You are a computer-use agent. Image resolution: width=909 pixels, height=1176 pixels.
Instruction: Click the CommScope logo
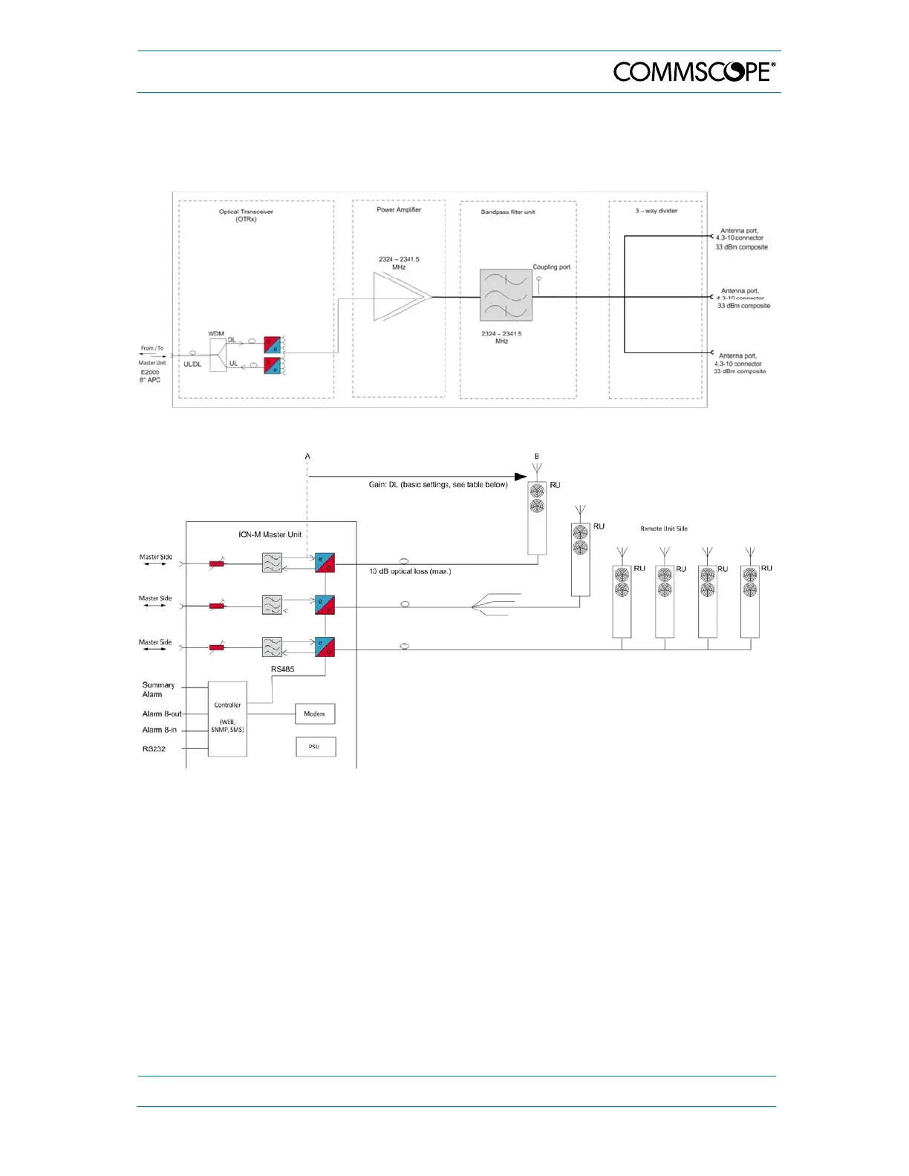(694, 71)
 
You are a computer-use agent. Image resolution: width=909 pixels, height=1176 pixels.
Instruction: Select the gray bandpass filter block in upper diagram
(506, 295)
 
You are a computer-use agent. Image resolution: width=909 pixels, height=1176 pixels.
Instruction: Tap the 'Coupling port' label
(551, 267)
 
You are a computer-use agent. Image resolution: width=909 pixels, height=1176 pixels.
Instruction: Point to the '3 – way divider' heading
(656, 211)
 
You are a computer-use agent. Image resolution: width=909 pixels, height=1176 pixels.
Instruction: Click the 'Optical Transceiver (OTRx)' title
(246, 215)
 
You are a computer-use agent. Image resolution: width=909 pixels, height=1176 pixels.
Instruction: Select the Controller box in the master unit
(227, 719)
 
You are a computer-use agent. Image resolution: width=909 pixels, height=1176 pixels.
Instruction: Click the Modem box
(315, 713)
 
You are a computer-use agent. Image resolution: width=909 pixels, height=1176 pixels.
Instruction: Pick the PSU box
(315, 746)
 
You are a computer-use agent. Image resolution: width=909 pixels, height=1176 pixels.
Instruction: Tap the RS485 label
(282, 669)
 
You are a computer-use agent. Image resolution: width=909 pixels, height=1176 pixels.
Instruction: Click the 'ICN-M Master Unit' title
(270, 535)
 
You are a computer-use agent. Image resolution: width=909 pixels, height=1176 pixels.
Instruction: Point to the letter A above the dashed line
(307, 457)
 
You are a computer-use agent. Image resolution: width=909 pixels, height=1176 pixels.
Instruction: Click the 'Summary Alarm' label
(157, 690)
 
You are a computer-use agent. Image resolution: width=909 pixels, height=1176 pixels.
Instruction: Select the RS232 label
(154, 749)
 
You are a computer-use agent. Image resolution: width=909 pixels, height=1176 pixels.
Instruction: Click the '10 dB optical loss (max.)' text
(410, 572)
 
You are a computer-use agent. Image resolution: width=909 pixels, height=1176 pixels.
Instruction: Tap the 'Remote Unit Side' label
(664, 529)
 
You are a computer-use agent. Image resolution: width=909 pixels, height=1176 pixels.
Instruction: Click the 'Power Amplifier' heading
(399, 210)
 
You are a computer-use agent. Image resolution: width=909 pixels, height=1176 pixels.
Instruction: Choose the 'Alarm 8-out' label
(161, 714)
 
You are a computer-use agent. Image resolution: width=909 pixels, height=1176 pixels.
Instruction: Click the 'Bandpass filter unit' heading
(508, 212)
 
